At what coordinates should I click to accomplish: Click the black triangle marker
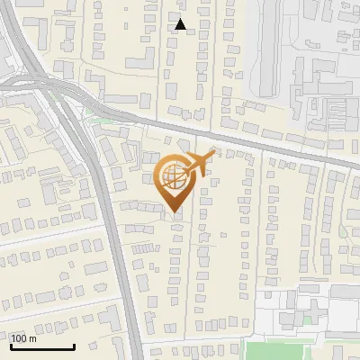coord(181,24)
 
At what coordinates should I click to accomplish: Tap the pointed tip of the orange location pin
coord(173,212)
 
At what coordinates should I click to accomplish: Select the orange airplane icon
coord(199,164)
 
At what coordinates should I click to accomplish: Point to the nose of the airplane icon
coord(216,154)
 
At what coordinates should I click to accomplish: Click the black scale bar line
coord(41,347)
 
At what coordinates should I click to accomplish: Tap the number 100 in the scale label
coord(20,338)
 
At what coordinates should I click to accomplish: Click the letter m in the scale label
coord(33,338)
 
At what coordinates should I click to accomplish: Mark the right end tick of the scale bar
coord(74,346)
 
